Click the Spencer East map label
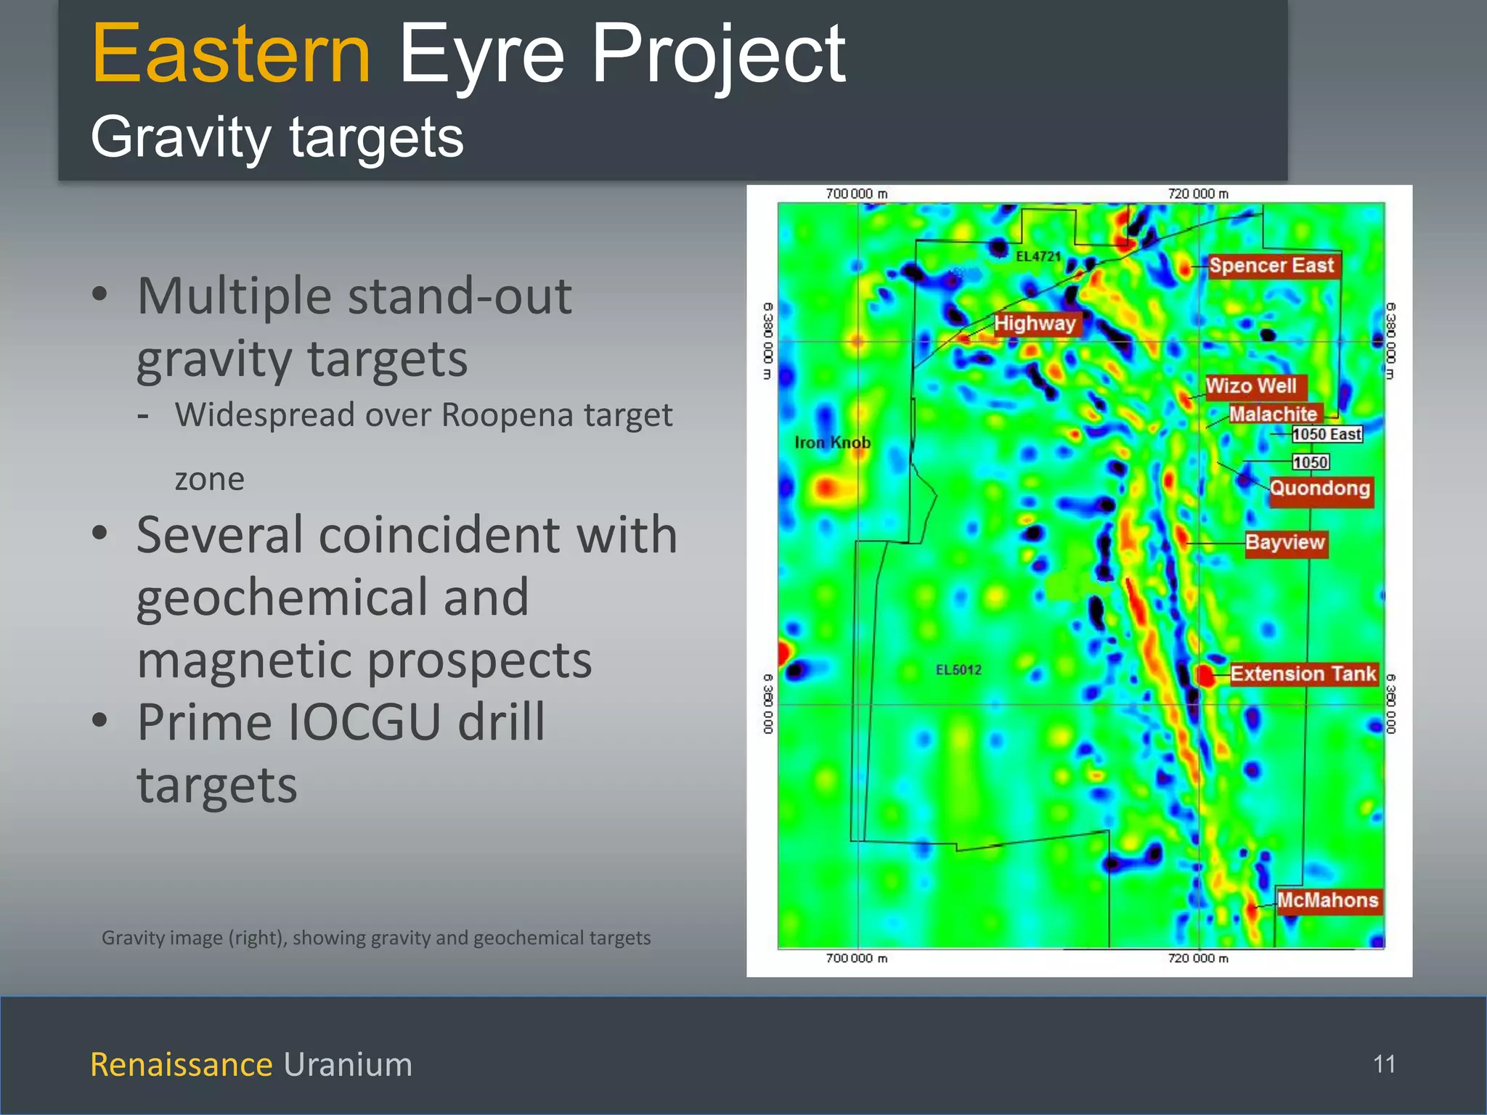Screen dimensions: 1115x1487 1271,266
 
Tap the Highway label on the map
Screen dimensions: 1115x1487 1035,323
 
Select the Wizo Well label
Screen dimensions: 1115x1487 1252,385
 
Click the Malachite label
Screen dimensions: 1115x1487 1273,414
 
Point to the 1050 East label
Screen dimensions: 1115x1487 1327,434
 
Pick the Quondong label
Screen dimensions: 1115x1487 1320,488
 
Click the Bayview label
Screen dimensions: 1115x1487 1285,542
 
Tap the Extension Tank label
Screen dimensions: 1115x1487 1303,674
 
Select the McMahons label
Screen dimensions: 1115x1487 1327,900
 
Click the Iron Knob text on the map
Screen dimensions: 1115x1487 832,442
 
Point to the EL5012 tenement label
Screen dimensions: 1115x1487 958,669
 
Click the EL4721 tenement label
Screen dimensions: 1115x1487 1038,256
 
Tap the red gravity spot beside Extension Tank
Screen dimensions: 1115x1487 1205,676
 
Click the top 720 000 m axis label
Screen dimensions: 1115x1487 1198,194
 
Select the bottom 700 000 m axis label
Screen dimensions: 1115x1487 857,958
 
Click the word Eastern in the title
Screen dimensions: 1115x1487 231,54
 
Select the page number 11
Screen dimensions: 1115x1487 1384,1064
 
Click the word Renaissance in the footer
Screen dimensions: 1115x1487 181,1064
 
